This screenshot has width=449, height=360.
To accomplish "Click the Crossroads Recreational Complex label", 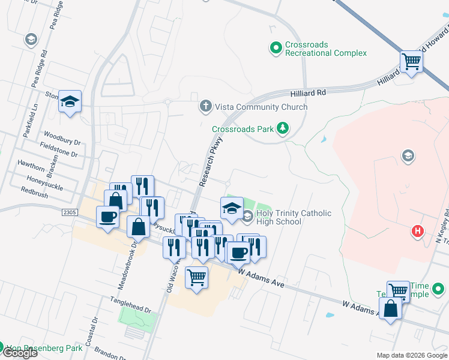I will (x=326, y=48).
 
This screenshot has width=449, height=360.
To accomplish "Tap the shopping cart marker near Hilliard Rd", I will (x=412, y=61).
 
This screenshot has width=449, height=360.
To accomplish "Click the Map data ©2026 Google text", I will (x=412, y=355).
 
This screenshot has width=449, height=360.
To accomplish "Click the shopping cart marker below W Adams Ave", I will (x=196, y=277).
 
